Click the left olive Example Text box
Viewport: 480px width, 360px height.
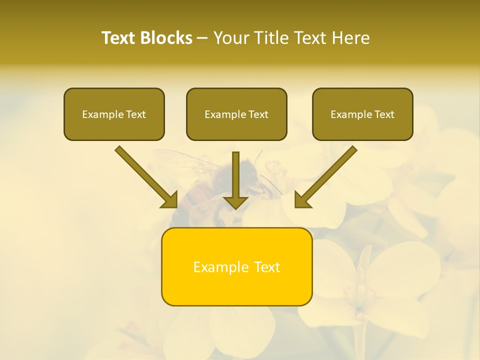tap(114, 114)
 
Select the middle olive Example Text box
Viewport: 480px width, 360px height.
tap(236, 114)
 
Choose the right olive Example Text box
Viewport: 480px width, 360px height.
tap(362, 114)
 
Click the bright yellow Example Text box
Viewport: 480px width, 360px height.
tap(236, 266)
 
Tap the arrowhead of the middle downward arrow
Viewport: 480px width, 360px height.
tap(236, 202)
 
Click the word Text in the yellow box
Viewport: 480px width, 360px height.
tap(267, 267)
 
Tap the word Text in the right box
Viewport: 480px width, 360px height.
tap(384, 114)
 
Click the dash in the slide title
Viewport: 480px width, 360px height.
tap(202, 38)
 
